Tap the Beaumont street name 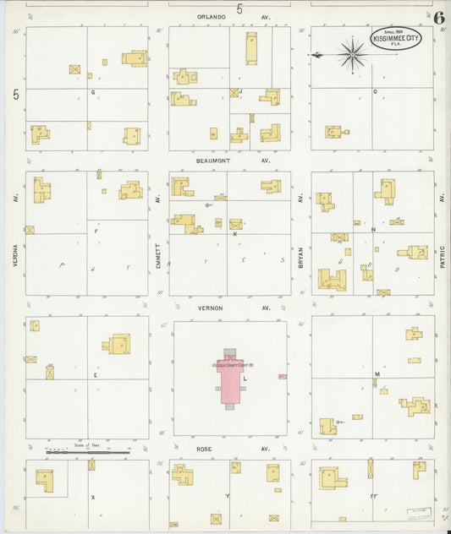tap(213, 160)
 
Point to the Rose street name tap(203, 450)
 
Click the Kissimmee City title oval tap(396, 38)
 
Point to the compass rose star tap(352, 54)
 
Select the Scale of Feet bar tap(88, 452)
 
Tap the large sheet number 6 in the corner tap(440, 18)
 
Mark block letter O tap(375, 91)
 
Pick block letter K tap(234, 234)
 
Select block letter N tap(373, 228)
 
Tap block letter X tap(92, 498)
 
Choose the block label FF tap(373, 497)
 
